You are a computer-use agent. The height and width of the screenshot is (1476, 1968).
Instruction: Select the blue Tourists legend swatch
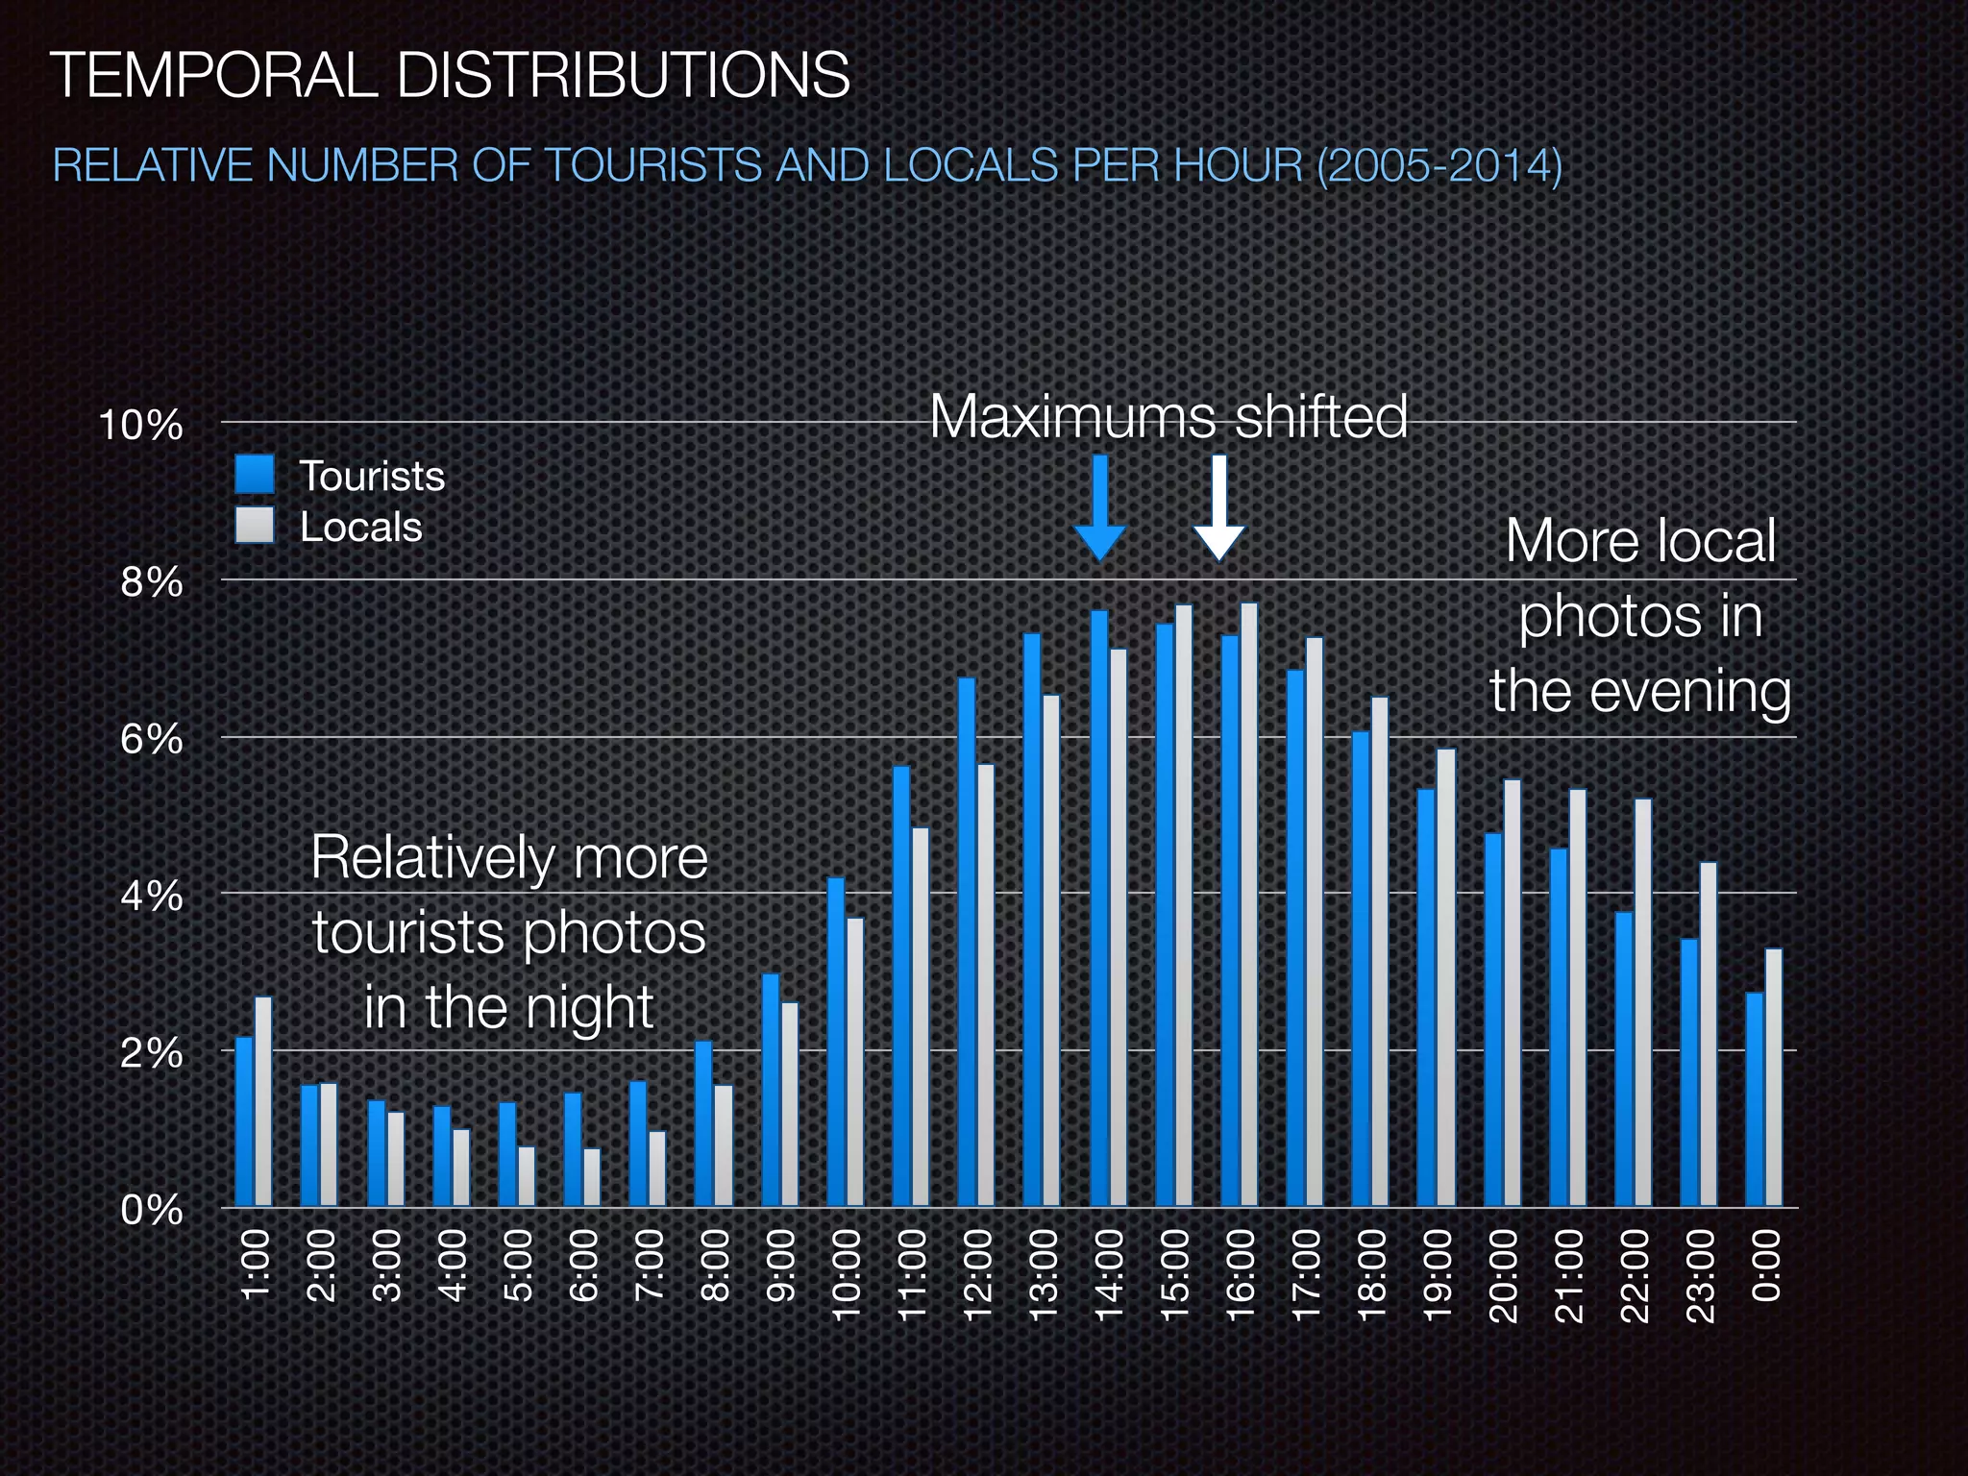point(255,475)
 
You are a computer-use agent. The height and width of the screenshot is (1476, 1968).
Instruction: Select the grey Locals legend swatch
point(255,526)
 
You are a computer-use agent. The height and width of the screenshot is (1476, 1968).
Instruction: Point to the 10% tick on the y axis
point(140,424)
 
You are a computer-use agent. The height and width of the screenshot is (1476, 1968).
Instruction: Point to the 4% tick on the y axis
point(151,896)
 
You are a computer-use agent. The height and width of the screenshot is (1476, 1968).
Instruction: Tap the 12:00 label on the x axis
point(978,1275)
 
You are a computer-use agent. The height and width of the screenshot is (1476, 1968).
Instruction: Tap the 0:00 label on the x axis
point(1766,1266)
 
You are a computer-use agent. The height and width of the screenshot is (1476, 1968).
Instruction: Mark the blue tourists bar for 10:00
point(836,1042)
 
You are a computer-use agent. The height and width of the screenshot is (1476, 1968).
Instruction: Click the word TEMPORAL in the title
point(212,75)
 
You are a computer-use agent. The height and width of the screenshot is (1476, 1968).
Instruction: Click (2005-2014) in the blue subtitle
point(1439,165)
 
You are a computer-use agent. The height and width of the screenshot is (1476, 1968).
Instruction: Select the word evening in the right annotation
point(1690,692)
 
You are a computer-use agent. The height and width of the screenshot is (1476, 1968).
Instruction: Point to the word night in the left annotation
point(588,1008)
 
